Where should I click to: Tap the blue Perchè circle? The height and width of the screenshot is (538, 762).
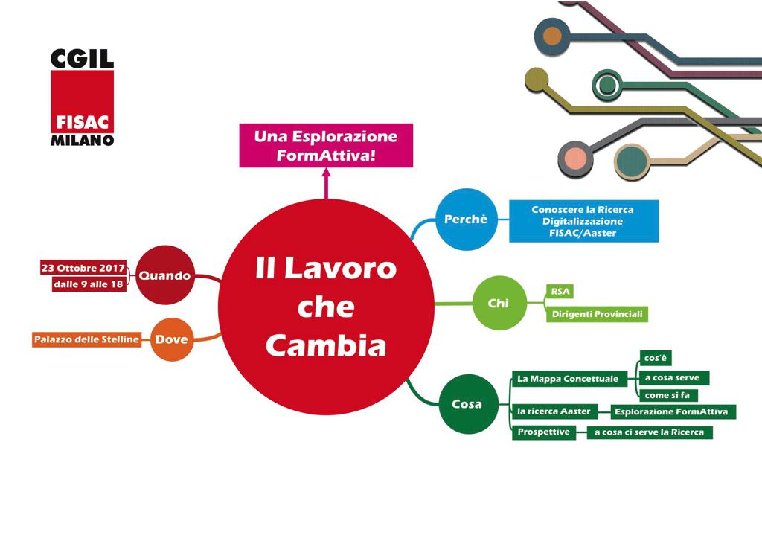coord(466,220)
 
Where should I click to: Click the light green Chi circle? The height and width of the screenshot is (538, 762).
coord(499,303)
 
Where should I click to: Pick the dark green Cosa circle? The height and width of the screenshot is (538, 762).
coord(467,404)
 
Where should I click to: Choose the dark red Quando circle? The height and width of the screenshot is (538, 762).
coord(164,275)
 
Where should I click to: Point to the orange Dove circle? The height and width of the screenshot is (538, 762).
coord(172,339)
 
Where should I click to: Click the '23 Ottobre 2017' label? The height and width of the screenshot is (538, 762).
coord(83,268)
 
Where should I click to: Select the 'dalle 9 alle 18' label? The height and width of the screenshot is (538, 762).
coord(89,284)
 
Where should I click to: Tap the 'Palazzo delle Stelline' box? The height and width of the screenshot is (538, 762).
coord(86,339)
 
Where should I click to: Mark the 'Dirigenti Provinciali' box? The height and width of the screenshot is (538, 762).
coord(597,314)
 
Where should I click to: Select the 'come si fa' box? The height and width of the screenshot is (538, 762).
coord(667,395)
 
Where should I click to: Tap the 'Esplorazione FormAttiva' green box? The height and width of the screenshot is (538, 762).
coord(673,411)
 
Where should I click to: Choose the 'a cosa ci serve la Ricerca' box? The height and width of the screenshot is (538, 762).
coord(649,432)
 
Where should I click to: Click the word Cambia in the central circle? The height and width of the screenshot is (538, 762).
coord(326,345)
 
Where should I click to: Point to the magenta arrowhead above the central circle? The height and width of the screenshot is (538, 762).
coord(326,174)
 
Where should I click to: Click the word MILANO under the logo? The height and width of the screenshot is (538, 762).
coord(82,140)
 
